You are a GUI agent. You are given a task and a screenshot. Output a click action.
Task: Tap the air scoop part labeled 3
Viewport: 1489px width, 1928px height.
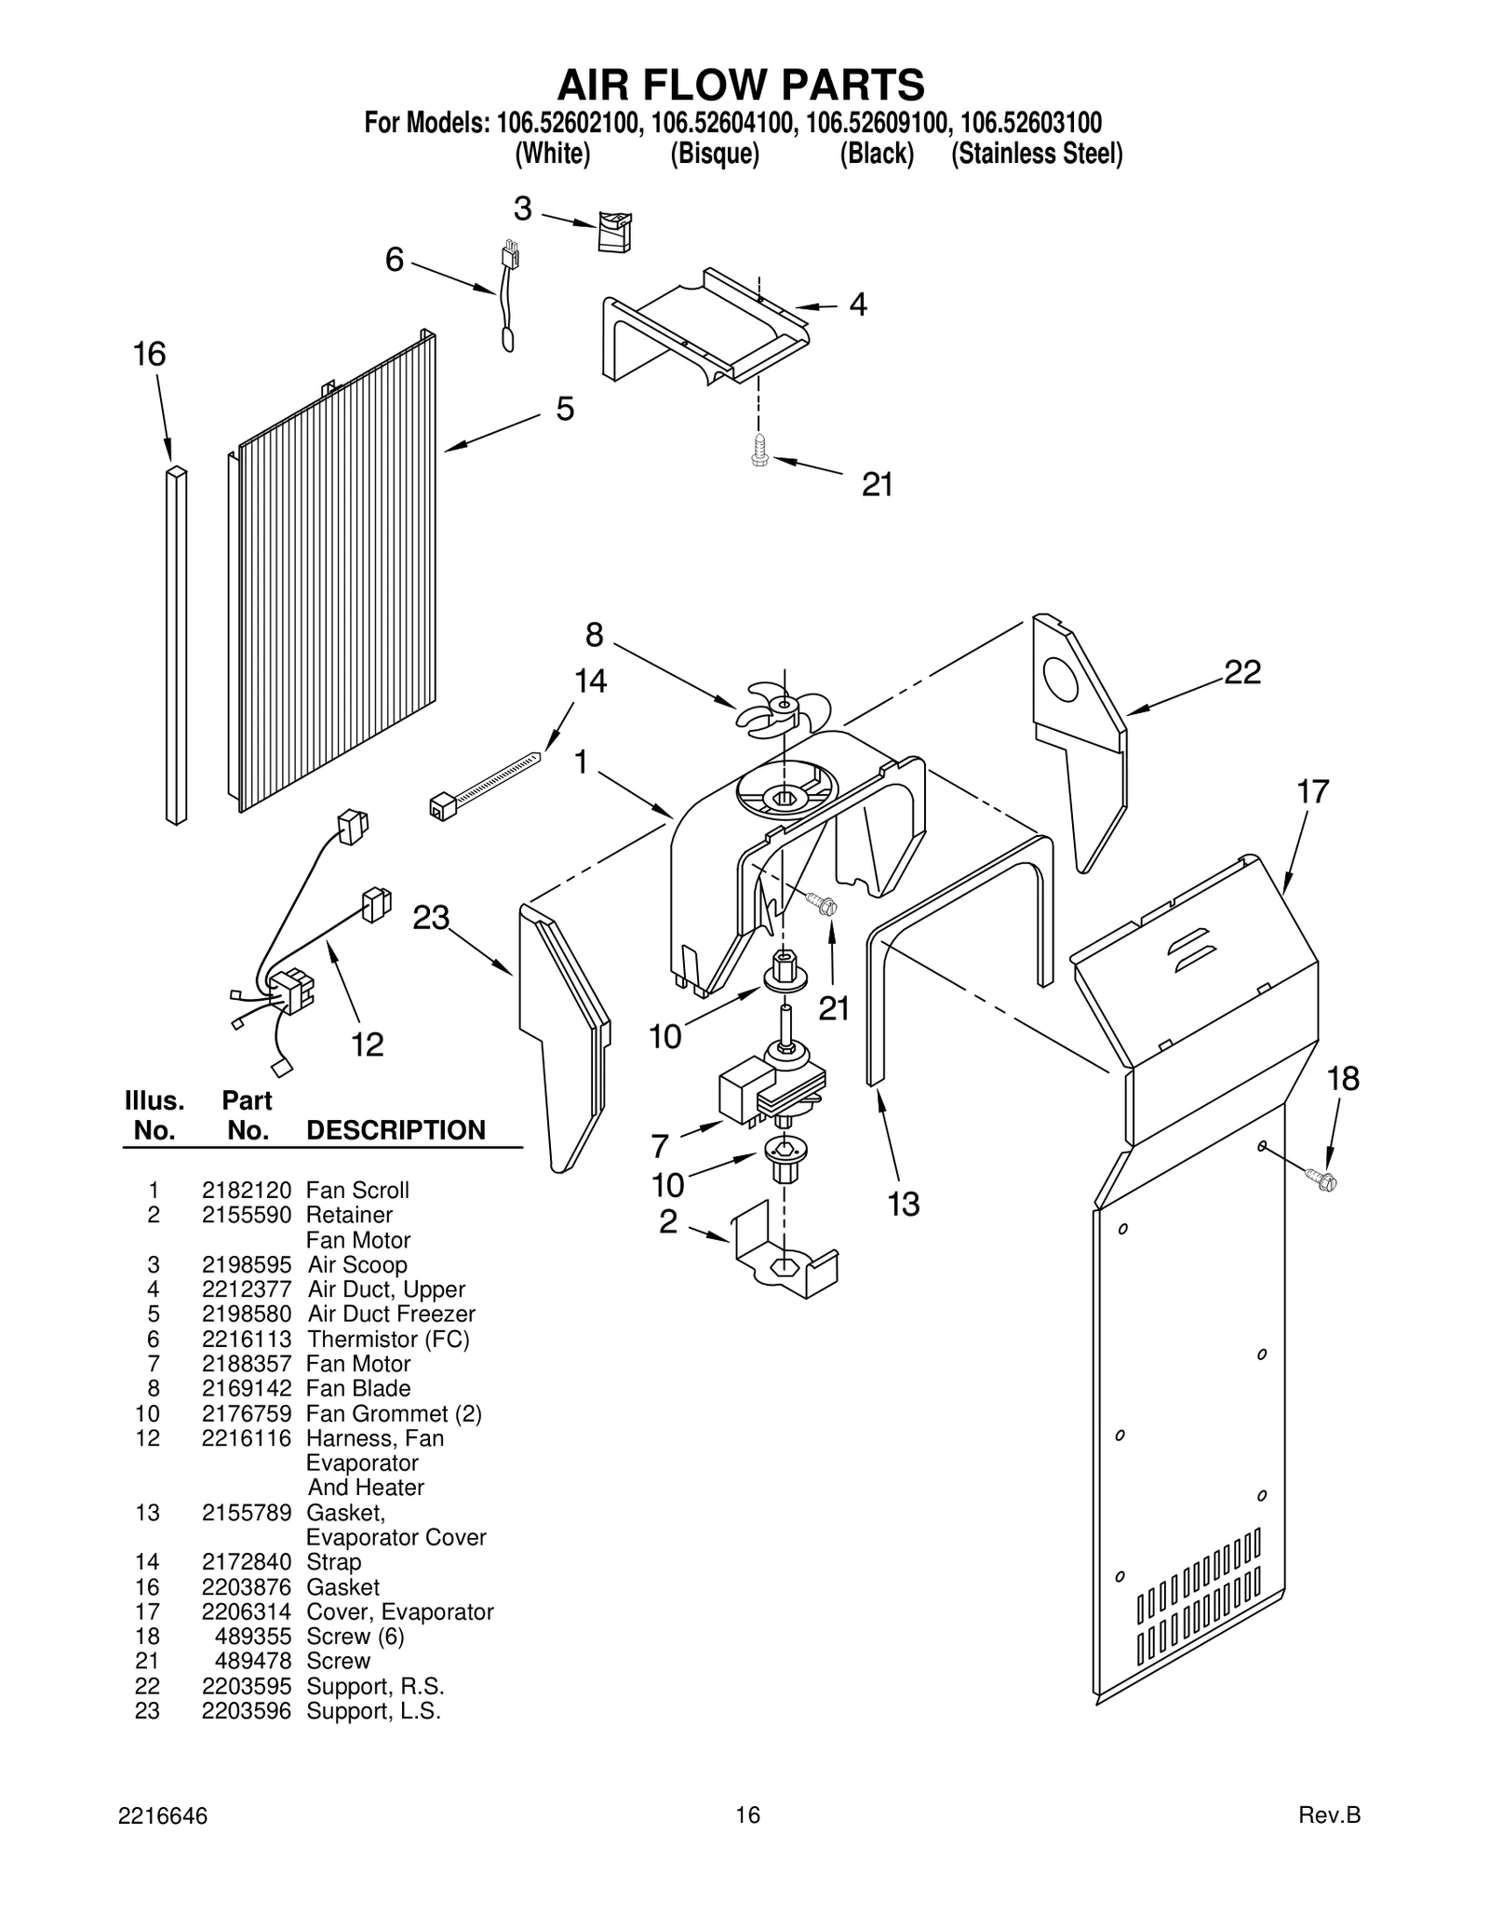click(614, 231)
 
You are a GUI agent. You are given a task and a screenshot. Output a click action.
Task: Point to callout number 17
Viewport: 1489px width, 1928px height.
click(1312, 792)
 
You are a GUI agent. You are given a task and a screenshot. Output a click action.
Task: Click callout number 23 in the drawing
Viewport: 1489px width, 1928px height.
click(431, 918)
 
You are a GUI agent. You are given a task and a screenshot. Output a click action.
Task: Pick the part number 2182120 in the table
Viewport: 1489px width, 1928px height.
click(247, 1191)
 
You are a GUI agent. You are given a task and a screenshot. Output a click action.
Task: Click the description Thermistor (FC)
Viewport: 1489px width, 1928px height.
click(388, 1340)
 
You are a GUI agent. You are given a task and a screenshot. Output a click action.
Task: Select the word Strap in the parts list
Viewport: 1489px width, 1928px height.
click(333, 1562)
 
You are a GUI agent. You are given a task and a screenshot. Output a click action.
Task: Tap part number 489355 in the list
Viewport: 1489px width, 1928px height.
click(260, 1637)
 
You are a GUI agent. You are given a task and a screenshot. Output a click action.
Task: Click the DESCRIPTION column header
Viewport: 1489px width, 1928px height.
click(396, 1130)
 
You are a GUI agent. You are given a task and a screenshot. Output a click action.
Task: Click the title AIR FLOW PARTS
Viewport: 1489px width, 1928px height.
click(741, 85)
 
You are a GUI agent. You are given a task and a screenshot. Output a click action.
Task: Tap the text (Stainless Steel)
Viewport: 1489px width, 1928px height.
click(1036, 154)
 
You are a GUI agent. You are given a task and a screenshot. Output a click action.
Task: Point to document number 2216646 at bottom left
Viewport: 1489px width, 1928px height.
click(163, 1816)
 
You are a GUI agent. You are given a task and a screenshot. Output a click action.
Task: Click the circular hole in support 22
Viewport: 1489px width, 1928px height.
click(1061, 681)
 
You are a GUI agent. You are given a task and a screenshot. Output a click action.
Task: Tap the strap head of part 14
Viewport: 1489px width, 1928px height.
click(442, 804)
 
